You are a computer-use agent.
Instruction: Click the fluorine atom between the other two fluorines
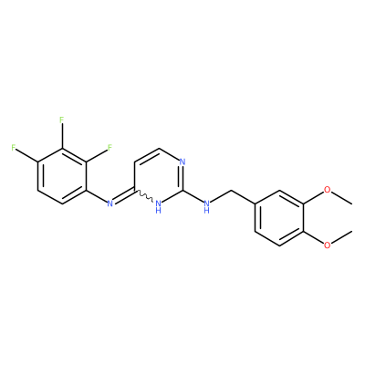(x=62, y=120)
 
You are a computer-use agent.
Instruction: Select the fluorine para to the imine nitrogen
(x=14, y=148)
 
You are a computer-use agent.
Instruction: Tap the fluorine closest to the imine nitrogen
(x=109, y=148)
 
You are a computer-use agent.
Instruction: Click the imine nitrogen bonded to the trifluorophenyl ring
(x=109, y=203)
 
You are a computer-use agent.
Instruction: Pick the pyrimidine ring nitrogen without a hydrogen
(x=182, y=162)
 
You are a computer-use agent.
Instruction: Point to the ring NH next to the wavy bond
(x=158, y=206)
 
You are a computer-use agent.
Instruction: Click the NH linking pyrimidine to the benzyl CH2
(x=206, y=206)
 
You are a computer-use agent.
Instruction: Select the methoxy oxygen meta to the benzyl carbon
(x=327, y=190)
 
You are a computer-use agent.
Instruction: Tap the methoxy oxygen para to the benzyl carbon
(x=327, y=245)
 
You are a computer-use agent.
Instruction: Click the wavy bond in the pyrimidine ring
(x=144, y=195)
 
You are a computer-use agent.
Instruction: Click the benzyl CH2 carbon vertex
(x=231, y=191)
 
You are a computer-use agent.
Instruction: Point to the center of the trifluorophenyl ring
(x=62, y=176)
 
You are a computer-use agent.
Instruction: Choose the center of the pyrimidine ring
(x=158, y=176)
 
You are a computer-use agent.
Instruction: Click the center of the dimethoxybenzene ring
(x=279, y=218)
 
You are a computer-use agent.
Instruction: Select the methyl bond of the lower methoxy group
(x=342, y=237)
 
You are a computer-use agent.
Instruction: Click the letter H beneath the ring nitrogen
(x=158, y=211)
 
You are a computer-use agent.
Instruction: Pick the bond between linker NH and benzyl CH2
(x=221, y=196)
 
